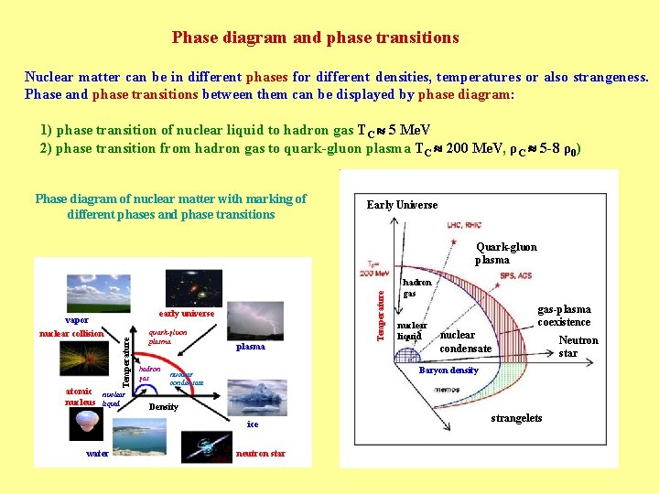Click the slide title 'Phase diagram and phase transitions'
click(315, 38)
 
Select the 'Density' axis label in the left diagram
click(163, 406)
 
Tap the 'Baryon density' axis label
click(448, 370)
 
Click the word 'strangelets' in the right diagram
click(516, 418)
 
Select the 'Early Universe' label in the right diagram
click(402, 205)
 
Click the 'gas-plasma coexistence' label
click(564, 316)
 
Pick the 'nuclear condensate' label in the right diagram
click(465, 341)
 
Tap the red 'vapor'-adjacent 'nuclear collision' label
click(71, 333)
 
